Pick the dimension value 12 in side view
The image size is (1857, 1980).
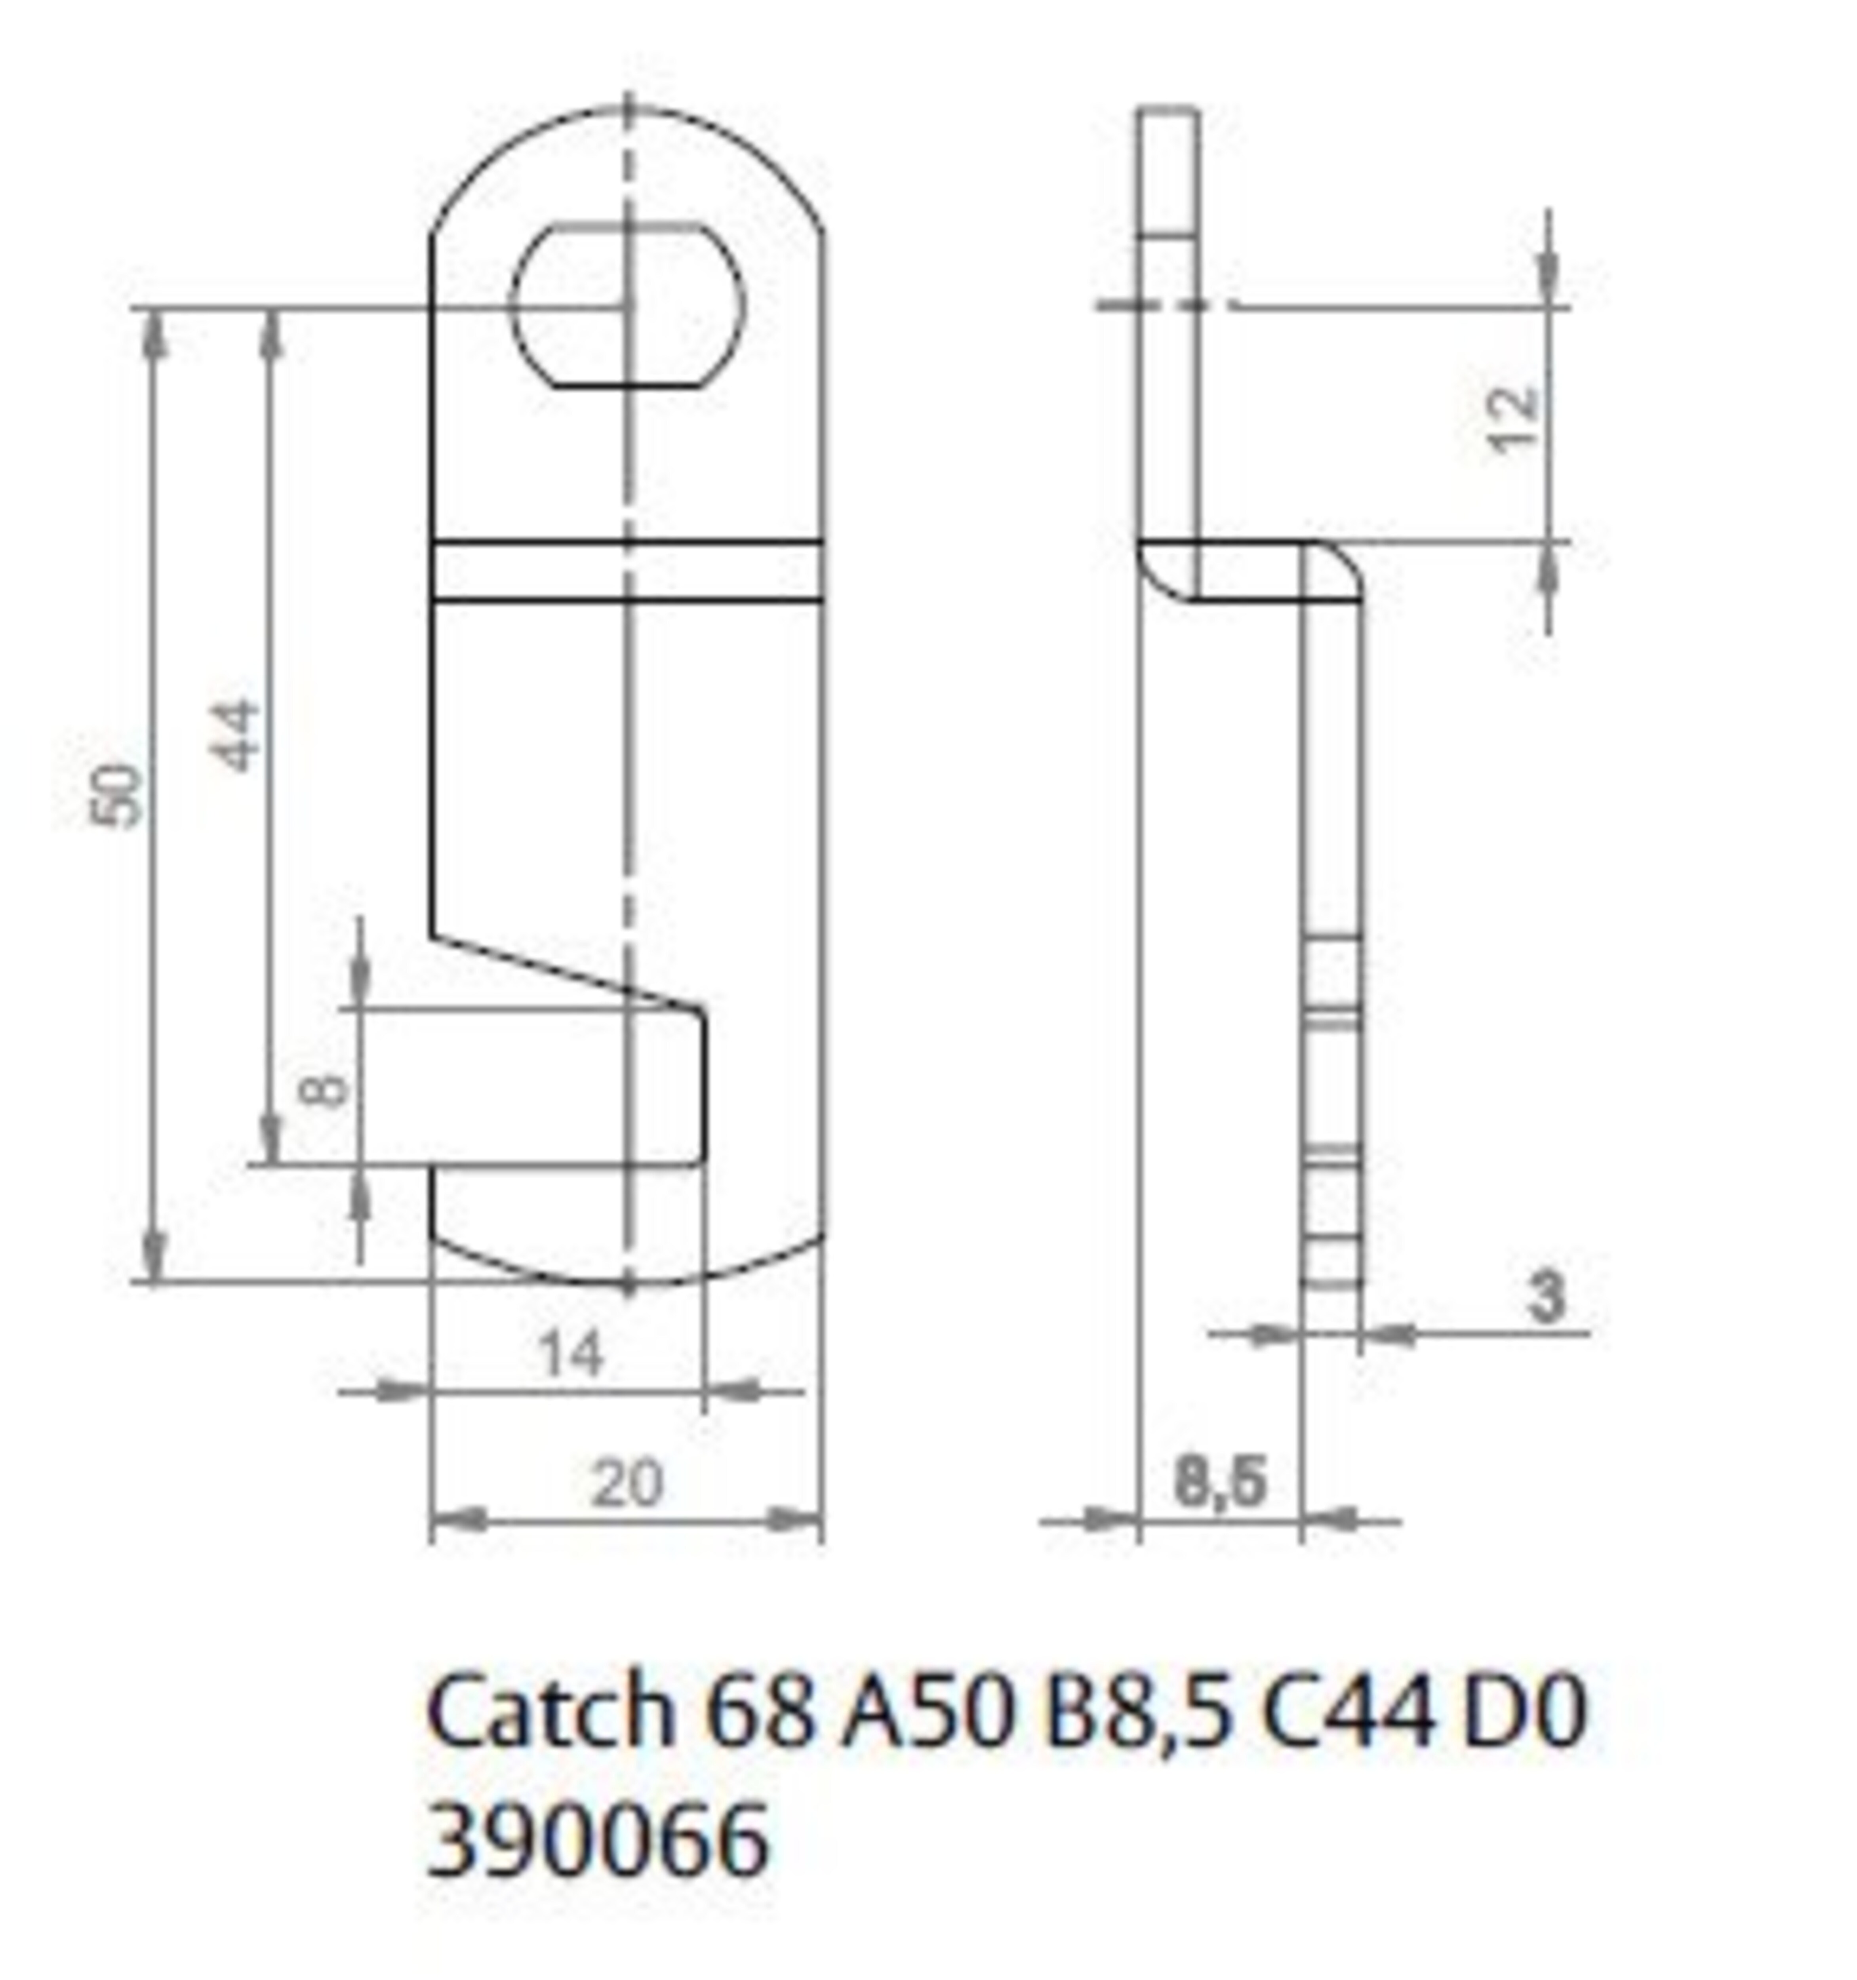tap(1512, 419)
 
